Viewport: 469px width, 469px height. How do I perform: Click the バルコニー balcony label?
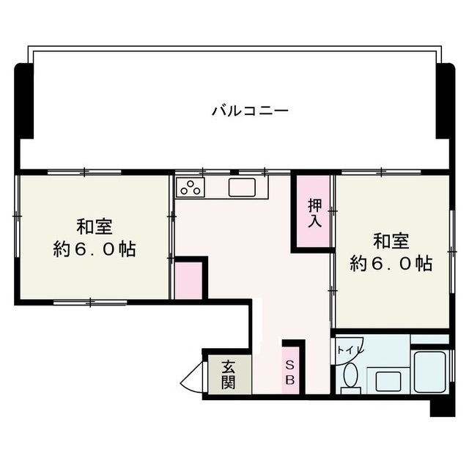tap(250, 111)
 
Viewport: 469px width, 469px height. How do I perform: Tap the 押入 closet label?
tap(315, 213)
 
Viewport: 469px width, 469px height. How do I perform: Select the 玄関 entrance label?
tap(228, 374)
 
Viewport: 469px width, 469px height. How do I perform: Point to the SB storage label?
tap(290, 372)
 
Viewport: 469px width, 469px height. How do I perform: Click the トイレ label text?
tap(347, 350)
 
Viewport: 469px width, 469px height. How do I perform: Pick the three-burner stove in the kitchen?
tap(191, 188)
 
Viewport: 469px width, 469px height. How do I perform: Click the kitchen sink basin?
tap(242, 188)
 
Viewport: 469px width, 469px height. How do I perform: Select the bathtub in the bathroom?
tap(430, 372)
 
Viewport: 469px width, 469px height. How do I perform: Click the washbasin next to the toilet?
tap(388, 381)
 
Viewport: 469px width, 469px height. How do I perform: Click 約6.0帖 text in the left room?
tap(95, 249)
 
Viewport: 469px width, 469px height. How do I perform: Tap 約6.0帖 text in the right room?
tap(391, 263)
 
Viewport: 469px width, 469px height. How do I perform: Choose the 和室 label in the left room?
tap(95, 227)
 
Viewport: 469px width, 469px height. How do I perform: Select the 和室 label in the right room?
tap(391, 241)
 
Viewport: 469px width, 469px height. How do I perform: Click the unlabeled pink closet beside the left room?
tap(188, 281)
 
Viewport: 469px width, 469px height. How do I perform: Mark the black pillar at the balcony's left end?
tap(24, 100)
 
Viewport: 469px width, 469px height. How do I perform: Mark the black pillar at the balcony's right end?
tap(446, 100)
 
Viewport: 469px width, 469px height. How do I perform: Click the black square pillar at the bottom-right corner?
tap(443, 408)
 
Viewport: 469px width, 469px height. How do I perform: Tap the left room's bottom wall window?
tap(90, 303)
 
